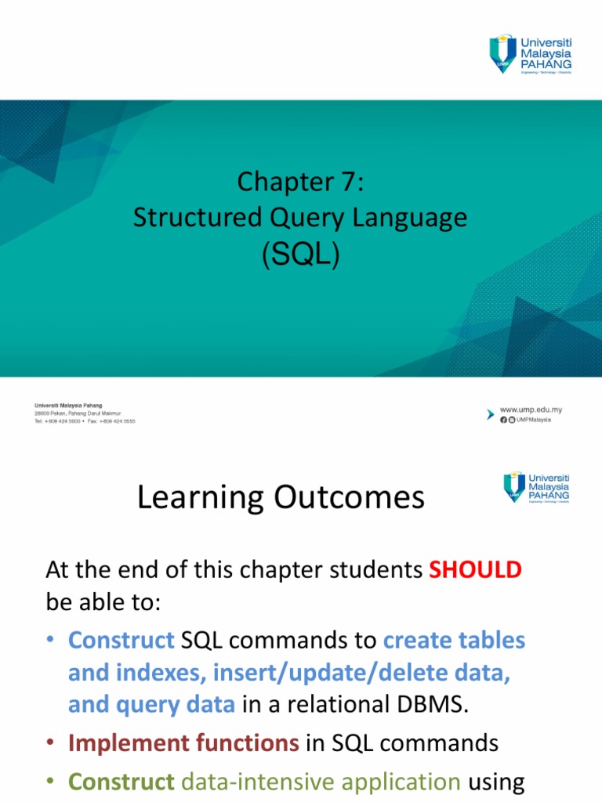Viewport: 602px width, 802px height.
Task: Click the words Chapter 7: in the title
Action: click(x=301, y=182)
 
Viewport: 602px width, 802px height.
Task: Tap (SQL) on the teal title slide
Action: click(x=301, y=255)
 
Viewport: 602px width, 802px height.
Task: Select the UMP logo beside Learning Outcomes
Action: click(x=536, y=487)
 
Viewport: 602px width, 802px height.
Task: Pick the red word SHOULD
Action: click(x=475, y=570)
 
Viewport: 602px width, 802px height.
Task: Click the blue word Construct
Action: click(x=121, y=641)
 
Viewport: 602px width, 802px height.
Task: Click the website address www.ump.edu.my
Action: click(x=531, y=410)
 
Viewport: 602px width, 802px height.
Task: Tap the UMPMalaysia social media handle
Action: click(x=533, y=420)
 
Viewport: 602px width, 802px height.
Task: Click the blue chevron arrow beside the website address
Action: click(x=491, y=413)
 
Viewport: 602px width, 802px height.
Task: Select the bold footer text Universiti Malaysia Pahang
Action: click(x=68, y=406)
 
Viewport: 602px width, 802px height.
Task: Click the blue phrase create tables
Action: click(x=454, y=641)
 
